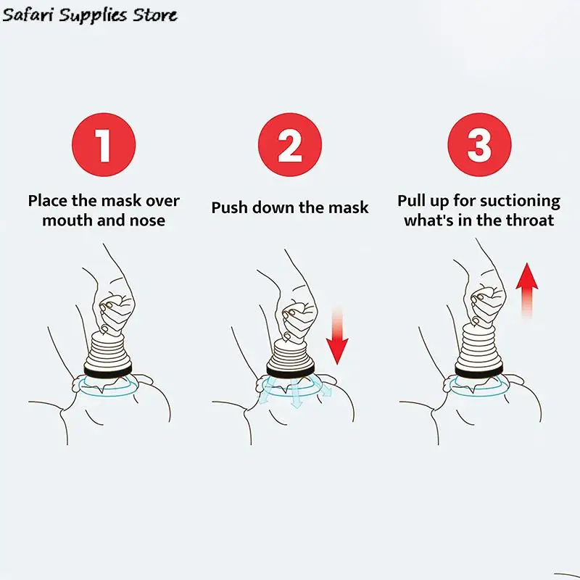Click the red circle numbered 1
104,144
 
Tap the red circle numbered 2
290,144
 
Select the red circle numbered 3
479,144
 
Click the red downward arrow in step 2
337,335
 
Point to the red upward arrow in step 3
527,291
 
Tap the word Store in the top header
155,15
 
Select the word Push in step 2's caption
229,207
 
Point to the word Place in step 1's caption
48,201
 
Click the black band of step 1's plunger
107,370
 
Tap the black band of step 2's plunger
291,370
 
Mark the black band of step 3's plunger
478,370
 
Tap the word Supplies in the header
94,16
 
